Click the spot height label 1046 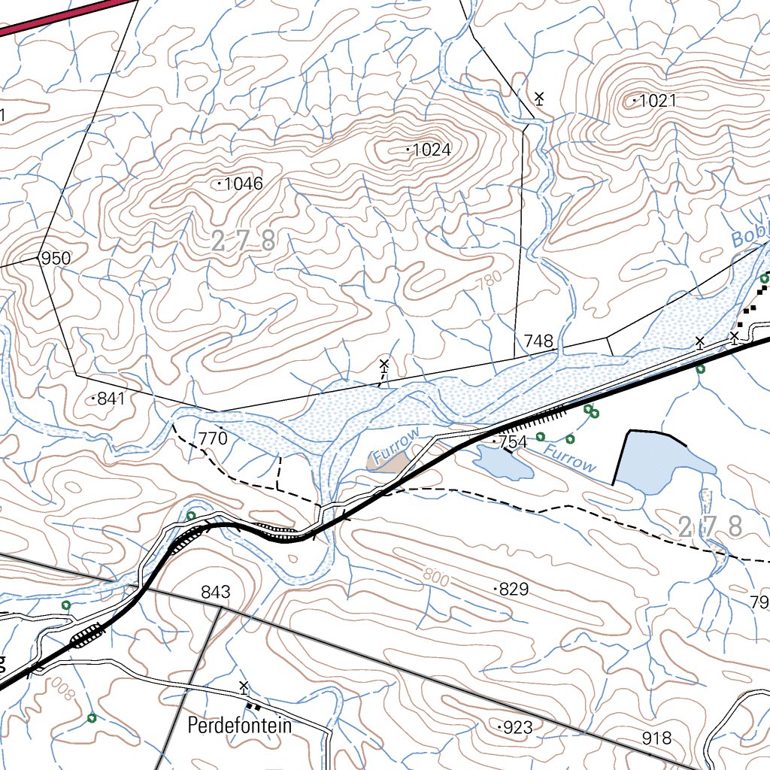pos(243,183)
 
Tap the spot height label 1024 pos(432,150)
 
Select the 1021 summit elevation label pos(658,101)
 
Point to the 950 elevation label pos(56,259)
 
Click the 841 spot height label pos(111,399)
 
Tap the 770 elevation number pos(213,438)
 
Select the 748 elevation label pos(538,341)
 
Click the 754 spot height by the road pos(513,442)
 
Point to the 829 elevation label pos(514,590)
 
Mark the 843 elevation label pos(215,593)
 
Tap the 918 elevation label pos(656,738)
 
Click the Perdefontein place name pos(238,726)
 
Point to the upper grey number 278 pos(243,242)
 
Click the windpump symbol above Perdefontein pos(244,687)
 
